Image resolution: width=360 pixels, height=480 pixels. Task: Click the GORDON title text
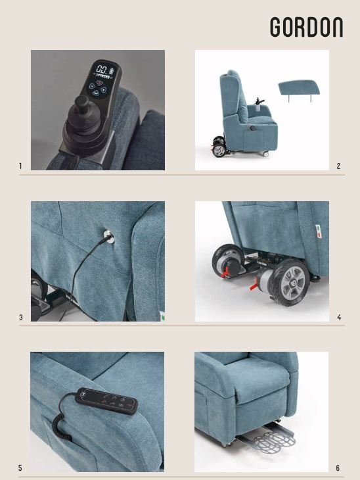(x=307, y=27)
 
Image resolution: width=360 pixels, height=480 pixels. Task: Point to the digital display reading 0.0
(x=102, y=69)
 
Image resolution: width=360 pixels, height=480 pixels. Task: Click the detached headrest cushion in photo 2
(x=299, y=89)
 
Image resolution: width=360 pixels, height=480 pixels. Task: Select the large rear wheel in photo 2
(x=219, y=151)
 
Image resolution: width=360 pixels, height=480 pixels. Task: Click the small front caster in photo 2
(x=265, y=154)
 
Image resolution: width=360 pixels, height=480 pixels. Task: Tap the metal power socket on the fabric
(x=109, y=237)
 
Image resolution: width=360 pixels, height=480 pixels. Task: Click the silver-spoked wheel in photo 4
(x=289, y=282)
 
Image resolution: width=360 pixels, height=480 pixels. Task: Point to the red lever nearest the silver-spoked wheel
(x=254, y=285)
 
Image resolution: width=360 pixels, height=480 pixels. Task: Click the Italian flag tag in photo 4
(x=319, y=231)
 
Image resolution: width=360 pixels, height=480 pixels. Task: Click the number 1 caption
(x=20, y=166)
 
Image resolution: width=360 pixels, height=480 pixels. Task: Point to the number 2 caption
(x=338, y=166)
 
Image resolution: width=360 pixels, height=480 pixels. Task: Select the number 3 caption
(x=21, y=317)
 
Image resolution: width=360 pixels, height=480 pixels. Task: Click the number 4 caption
(x=339, y=317)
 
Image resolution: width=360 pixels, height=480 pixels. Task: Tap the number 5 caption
(x=20, y=468)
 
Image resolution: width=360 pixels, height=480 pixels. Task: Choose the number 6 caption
(x=338, y=468)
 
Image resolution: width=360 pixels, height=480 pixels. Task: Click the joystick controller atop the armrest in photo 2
(x=259, y=101)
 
